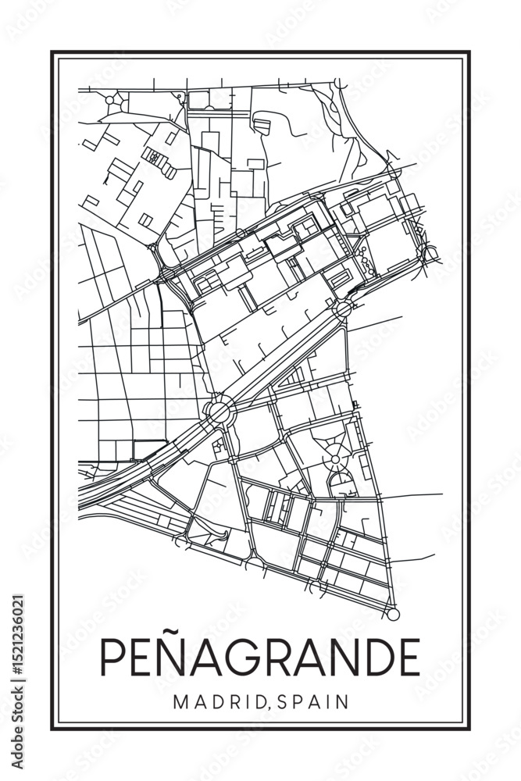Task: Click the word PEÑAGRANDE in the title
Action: [259, 657]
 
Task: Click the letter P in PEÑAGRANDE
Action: [113, 658]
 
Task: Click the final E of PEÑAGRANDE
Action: [408, 658]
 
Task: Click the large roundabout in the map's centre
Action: [219, 410]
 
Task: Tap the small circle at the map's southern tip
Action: [394, 615]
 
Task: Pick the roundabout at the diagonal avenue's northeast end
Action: [342, 309]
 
